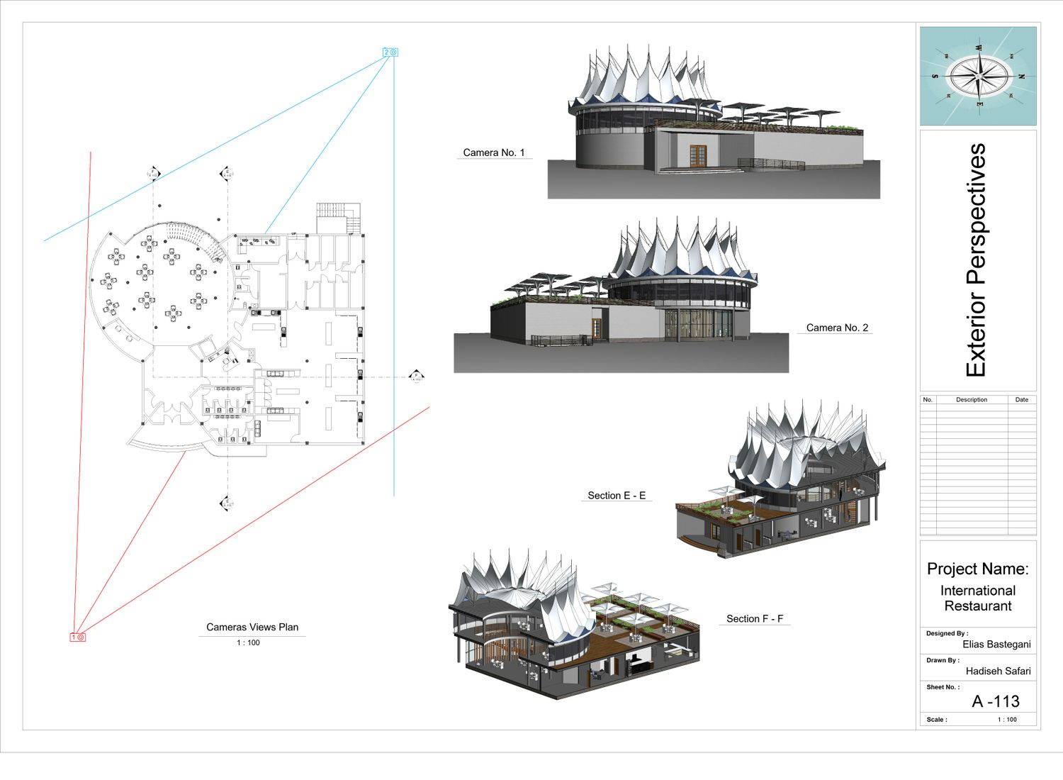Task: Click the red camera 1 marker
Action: tap(77, 637)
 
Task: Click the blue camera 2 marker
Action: tap(390, 52)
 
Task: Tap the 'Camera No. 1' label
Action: tap(494, 152)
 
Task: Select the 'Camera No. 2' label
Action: tap(837, 328)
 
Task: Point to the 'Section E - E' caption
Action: tap(617, 496)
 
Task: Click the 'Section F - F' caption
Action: tap(755, 619)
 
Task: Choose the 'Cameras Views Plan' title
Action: tap(252, 627)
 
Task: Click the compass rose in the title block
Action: tap(979, 76)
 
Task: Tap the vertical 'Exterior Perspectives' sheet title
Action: tap(977, 260)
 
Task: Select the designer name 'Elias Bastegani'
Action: tap(996, 645)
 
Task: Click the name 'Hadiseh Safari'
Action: tap(998, 671)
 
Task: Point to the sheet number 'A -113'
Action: tap(996, 701)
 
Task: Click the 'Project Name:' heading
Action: tap(978, 569)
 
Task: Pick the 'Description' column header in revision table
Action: tap(971, 400)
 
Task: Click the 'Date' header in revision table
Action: tap(1021, 400)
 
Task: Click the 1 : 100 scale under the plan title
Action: tap(248, 643)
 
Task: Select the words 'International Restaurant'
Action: tap(978, 598)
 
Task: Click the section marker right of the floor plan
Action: tap(417, 377)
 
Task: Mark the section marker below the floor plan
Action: tap(225, 503)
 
